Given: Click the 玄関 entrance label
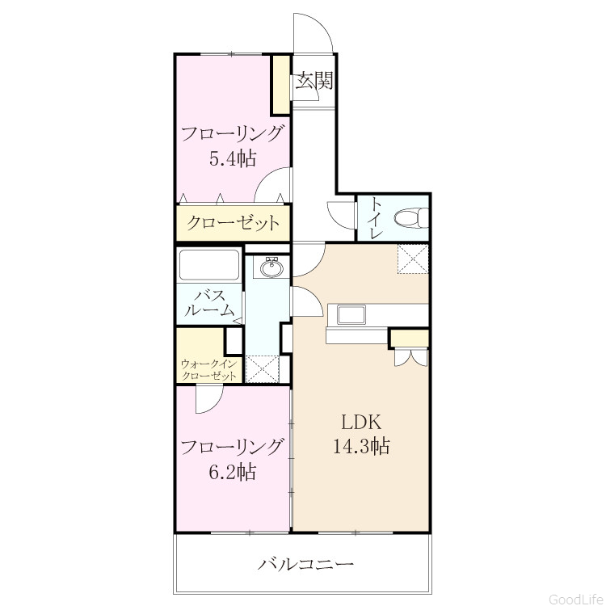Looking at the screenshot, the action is [314, 81].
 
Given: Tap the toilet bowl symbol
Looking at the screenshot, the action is [411, 217].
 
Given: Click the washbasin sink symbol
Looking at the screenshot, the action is [271, 267].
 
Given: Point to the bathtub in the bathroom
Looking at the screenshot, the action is [209, 265].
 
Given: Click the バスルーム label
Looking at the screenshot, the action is [209, 304].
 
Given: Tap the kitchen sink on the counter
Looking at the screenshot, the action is [351, 314].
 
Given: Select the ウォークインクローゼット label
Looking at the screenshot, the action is [208, 370].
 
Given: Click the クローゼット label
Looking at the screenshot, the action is [233, 223].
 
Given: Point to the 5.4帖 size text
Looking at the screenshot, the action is [233, 158].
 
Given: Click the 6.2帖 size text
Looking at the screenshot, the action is [233, 472].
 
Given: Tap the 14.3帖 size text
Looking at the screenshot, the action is [361, 446].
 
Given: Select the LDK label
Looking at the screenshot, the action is [361, 423].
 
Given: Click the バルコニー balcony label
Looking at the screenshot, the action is [305, 565].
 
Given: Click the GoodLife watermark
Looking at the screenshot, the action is [577, 599].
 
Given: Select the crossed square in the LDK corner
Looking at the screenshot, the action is [413, 259].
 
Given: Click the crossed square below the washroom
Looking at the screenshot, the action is [263, 369].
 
